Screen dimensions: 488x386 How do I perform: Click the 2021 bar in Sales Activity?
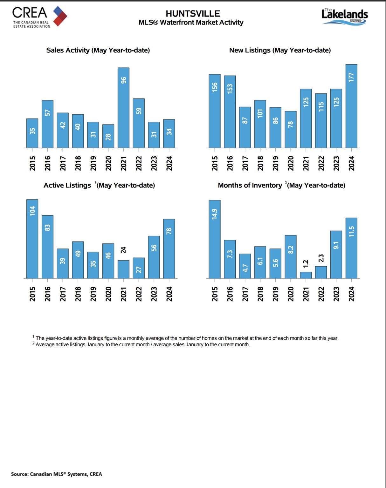click(x=123, y=108)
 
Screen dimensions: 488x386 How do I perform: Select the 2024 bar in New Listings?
click(x=351, y=106)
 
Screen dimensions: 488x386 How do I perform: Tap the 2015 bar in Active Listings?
click(x=32, y=239)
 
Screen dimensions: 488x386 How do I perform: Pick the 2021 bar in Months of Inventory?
click(x=306, y=275)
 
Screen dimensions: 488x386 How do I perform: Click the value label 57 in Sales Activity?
click(x=47, y=112)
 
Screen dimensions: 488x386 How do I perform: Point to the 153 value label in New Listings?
click(x=230, y=88)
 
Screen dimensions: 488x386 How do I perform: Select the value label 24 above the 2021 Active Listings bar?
click(x=123, y=250)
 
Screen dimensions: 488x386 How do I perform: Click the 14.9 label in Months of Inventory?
click(x=215, y=214)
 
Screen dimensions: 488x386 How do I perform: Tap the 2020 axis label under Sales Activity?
click(x=108, y=163)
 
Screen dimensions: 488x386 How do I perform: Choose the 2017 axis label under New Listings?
click(x=245, y=163)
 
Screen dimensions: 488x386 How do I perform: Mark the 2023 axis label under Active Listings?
click(x=154, y=294)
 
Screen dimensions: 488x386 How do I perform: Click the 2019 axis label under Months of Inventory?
click(x=275, y=294)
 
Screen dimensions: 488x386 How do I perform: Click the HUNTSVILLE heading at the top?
click(x=193, y=14)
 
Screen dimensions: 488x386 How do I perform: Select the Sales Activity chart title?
click(x=98, y=50)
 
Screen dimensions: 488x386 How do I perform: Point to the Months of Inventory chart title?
click(x=281, y=185)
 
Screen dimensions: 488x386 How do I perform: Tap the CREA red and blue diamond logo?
click(x=60, y=16)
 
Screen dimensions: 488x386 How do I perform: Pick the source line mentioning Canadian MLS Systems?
click(x=57, y=474)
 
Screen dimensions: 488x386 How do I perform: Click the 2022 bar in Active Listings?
click(x=139, y=268)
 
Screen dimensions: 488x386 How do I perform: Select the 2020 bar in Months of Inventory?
click(x=291, y=257)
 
